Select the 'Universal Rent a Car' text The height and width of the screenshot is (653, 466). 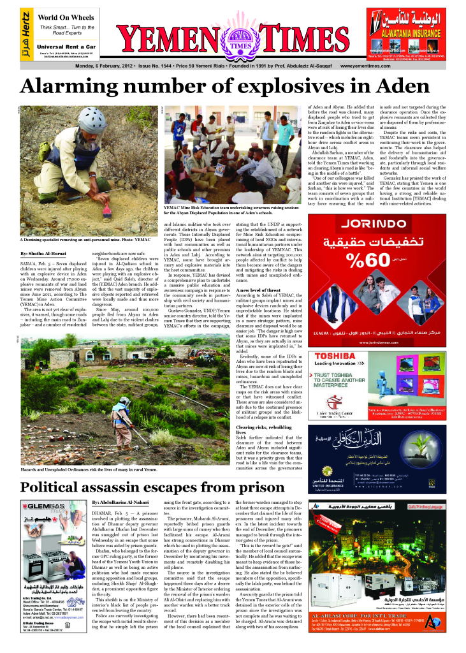[66, 47]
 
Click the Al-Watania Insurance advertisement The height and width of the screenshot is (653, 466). [409, 32]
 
